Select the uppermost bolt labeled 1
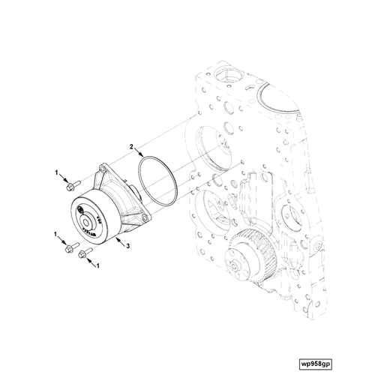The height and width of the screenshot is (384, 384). point(76,183)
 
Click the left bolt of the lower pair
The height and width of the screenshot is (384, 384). point(70,247)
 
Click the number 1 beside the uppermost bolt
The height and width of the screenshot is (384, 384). point(55,173)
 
